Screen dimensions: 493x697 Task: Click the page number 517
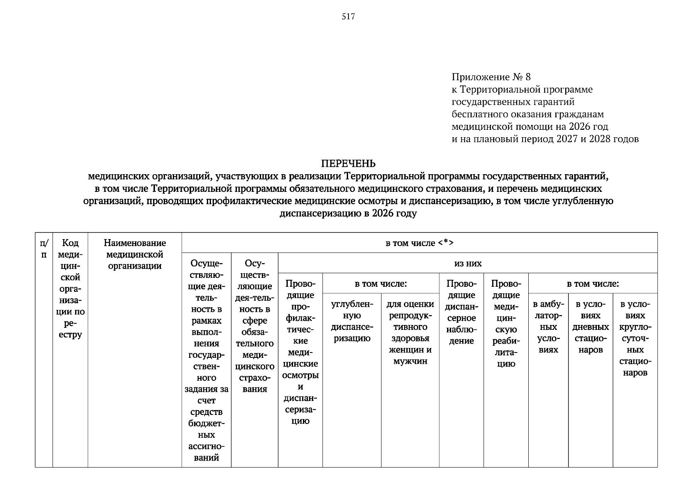pos(348,17)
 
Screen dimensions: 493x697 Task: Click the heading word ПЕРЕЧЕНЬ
pos(348,164)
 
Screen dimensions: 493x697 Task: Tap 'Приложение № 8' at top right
pos(491,77)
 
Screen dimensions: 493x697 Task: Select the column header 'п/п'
pos(44,249)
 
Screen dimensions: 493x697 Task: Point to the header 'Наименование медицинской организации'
pos(135,254)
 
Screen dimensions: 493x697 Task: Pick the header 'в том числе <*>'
pos(419,243)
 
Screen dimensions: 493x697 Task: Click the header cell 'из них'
pos(468,263)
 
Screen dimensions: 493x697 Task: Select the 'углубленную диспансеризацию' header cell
pos(352,321)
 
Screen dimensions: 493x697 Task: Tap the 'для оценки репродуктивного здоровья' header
pos(410,333)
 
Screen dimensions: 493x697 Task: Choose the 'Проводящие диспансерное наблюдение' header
pos(461,312)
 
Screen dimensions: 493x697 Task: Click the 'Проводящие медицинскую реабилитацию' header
pos(506,324)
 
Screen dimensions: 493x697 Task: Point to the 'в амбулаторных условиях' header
pos(548,327)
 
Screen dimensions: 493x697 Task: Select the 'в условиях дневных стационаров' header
pos(590,327)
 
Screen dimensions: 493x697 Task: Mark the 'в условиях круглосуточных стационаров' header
pos(635,339)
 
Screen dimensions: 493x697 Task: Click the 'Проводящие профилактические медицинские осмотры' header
pos(300,352)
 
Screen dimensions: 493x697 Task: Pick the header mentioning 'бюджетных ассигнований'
pos(206,360)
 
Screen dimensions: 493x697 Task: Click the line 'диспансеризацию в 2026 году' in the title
pos(348,214)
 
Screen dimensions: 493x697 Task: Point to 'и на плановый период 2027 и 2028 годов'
pos(545,139)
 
